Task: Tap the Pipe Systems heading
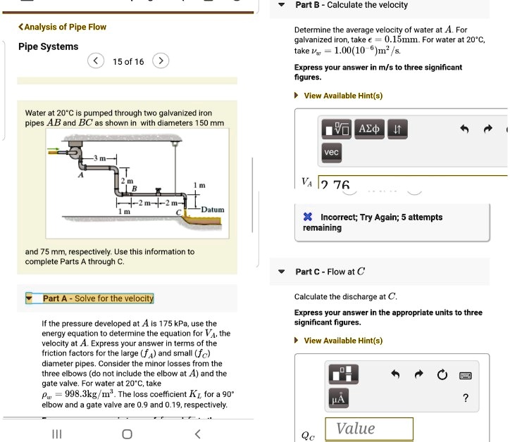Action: point(48,46)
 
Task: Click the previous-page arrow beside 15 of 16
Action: point(97,61)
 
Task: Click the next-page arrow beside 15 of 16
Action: point(161,61)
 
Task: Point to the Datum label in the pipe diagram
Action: point(212,210)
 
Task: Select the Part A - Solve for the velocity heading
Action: point(97,298)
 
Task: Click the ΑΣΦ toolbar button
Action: point(369,130)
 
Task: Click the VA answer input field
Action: point(412,184)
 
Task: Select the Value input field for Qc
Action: point(368,429)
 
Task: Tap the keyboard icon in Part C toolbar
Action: point(465,375)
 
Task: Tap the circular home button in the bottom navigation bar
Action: point(126,433)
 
